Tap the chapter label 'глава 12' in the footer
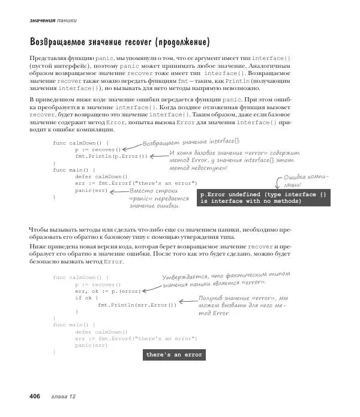(x=64, y=397)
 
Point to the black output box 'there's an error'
(x=174, y=355)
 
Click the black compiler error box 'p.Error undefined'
(x=263, y=198)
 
